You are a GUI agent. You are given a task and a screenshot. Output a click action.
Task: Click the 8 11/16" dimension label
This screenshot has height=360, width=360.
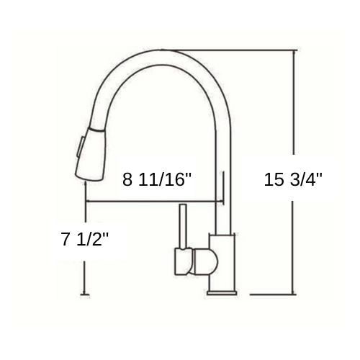pos(157,180)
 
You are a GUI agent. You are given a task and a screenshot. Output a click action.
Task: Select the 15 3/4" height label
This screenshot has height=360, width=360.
pos(293,180)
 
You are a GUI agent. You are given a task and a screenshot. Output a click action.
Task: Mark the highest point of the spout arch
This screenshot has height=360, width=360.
pos(169,50)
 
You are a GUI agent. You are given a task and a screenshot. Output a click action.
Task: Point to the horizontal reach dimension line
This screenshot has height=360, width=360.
pos(151,201)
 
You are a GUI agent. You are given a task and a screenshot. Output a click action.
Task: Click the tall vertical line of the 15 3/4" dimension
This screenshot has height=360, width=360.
pos(294,108)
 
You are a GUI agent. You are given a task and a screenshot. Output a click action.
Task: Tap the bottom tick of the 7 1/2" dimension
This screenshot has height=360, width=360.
pos(86,294)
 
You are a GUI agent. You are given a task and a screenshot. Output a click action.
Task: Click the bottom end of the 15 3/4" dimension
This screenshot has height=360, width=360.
pos(294,294)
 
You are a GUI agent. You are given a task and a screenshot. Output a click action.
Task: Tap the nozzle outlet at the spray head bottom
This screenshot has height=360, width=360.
pos(85,174)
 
